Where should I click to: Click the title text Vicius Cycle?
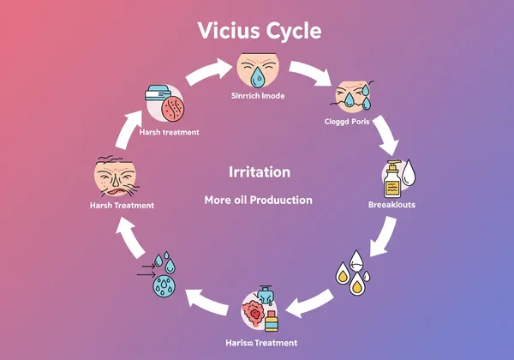point(258,31)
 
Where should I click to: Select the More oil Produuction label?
point(258,200)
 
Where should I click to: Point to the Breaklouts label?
point(391,205)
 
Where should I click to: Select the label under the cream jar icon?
point(169,132)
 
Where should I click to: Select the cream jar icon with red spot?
point(167,105)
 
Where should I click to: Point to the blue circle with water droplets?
point(164,279)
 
